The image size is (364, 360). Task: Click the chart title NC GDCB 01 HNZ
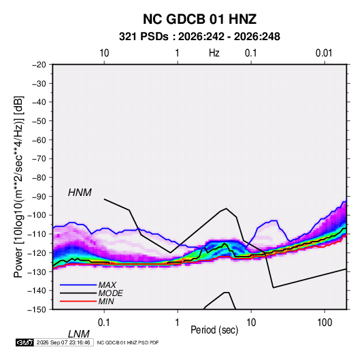tap(199, 19)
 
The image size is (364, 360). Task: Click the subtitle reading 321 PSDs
tap(144, 37)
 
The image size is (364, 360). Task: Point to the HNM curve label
tap(80, 193)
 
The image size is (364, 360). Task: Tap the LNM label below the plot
tap(78, 334)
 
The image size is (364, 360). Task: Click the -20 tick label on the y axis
tap(39, 65)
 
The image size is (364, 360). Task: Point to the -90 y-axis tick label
tap(39, 196)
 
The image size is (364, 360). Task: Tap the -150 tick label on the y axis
tap(37, 310)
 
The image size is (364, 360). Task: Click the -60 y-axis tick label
tap(39, 140)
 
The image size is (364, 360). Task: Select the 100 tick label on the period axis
tap(325, 323)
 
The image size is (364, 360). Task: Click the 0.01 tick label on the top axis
tap(324, 53)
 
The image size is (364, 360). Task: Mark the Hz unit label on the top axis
tap(214, 53)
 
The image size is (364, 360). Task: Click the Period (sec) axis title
tap(214, 330)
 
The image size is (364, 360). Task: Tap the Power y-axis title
tap(19, 186)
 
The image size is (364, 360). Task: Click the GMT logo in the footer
tap(24, 342)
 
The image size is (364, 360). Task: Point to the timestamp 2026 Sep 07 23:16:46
tap(63, 342)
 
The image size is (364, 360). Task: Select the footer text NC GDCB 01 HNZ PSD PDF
tap(128, 342)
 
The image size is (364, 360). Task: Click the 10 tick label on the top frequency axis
tap(104, 53)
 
